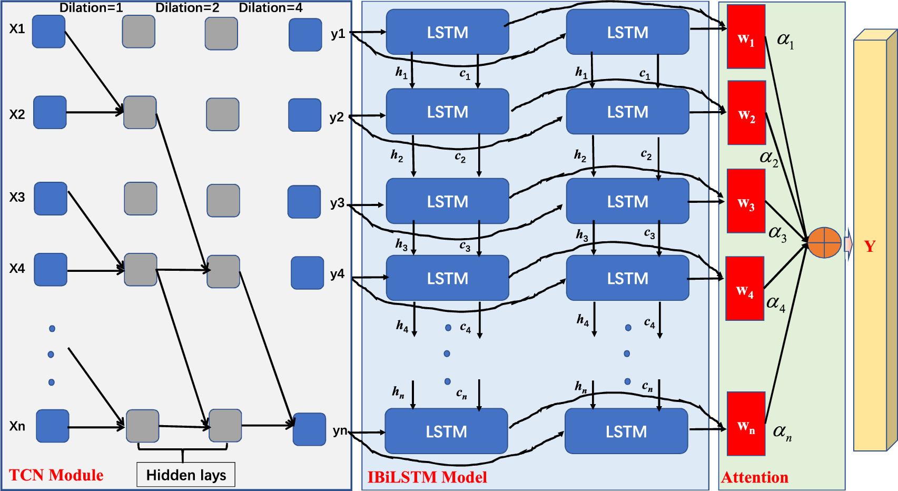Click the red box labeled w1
[746, 37]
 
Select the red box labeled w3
[746, 201]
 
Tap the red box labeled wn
[746, 424]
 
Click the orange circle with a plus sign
[824, 243]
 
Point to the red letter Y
[870, 246]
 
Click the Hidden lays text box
[186, 475]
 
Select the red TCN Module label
[56, 475]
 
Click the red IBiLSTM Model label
[427, 477]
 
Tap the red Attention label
[754, 477]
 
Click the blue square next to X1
[48, 32]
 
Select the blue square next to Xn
[52, 426]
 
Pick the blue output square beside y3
[304, 202]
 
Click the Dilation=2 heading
[187, 8]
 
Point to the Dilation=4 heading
[271, 8]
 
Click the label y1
[338, 34]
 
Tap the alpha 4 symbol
[776, 303]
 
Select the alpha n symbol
[782, 432]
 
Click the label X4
[17, 269]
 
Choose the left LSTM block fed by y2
[447, 112]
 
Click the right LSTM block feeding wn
[626, 431]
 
